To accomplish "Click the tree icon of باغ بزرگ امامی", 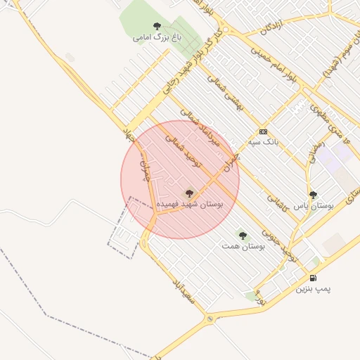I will pos(156,26).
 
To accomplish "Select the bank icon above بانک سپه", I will pos(263,131).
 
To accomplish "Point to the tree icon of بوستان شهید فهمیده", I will pos(188,193).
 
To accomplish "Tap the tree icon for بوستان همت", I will pos(243,236).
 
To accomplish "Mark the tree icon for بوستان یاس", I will pos(313,195).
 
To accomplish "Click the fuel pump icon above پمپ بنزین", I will pos(312,278).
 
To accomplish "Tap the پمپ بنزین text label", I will pos(312,289).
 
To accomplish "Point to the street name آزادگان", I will pos(274,27).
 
